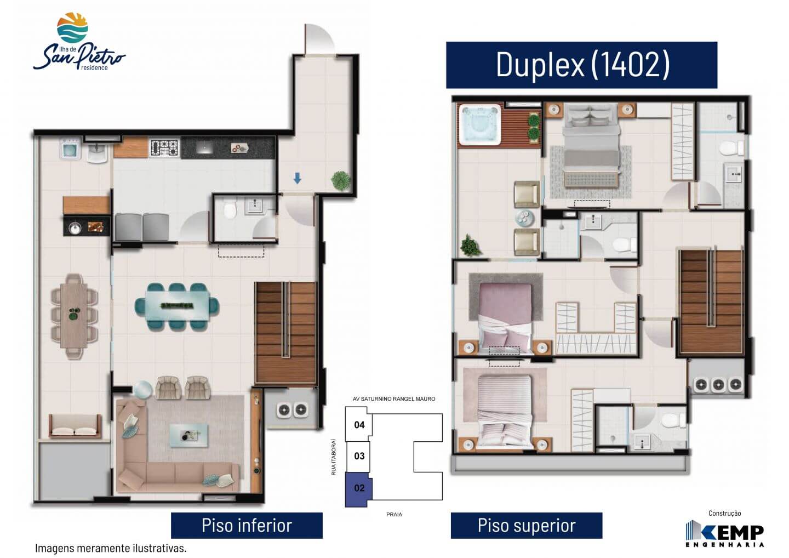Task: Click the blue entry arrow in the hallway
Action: pyautogui.click(x=298, y=178)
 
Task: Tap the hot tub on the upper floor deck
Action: pyautogui.click(x=479, y=124)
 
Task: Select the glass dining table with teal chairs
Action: pyautogui.click(x=177, y=306)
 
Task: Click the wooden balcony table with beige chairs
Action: pyautogui.click(x=74, y=316)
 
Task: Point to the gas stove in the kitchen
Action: pyautogui.click(x=164, y=147)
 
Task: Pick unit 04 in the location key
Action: pyautogui.click(x=358, y=424)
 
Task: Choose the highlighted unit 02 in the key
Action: pyautogui.click(x=358, y=488)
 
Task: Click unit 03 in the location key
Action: pyautogui.click(x=358, y=456)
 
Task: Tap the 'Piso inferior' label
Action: pyautogui.click(x=247, y=525)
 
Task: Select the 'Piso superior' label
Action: pyautogui.click(x=526, y=525)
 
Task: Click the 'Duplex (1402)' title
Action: pyautogui.click(x=582, y=65)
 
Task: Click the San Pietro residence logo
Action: pyautogui.click(x=79, y=42)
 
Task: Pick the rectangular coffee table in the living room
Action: pyautogui.click(x=189, y=436)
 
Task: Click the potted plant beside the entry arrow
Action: pyautogui.click(x=341, y=180)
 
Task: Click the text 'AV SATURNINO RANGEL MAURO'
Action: pyautogui.click(x=394, y=399)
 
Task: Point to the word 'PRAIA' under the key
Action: pyautogui.click(x=394, y=514)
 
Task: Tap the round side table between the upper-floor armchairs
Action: pyautogui.click(x=524, y=218)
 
